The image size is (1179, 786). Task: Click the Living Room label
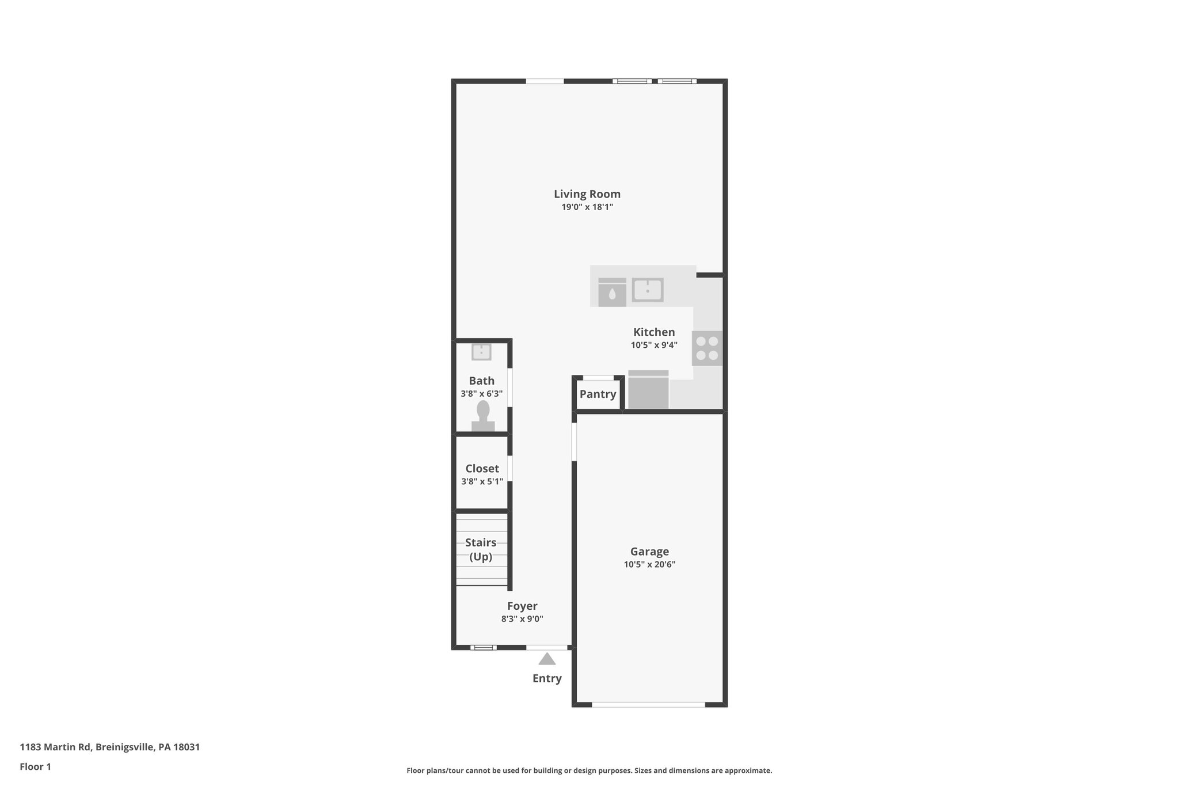pyautogui.click(x=587, y=194)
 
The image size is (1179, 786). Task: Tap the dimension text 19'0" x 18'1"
pyautogui.click(x=587, y=207)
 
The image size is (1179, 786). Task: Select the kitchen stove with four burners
pyautogui.click(x=707, y=348)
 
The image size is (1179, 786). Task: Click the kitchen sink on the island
pyautogui.click(x=648, y=290)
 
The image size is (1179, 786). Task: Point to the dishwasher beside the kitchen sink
pyautogui.click(x=612, y=293)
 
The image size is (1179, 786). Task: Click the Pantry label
pyautogui.click(x=598, y=394)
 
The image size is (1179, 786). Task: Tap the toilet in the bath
pyautogui.click(x=483, y=416)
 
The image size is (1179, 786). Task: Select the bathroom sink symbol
pyautogui.click(x=481, y=352)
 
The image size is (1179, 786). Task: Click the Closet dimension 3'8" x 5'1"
pyautogui.click(x=482, y=481)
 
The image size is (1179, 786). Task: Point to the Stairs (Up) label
pyautogui.click(x=481, y=549)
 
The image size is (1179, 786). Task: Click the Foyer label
pyautogui.click(x=522, y=606)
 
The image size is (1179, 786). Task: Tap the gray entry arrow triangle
pyautogui.click(x=547, y=659)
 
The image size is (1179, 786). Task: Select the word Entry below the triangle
pyautogui.click(x=547, y=678)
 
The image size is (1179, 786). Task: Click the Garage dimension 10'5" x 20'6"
pyautogui.click(x=649, y=565)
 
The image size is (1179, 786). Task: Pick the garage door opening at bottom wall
pyautogui.click(x=648, y=704)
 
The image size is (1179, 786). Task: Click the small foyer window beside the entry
pyautogui.click(x=483, y=647)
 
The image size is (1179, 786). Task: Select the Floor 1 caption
pyautogui.click(x=35, y=766)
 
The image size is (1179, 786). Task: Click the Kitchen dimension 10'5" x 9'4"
pyautogui.click(x=654, y=345)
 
